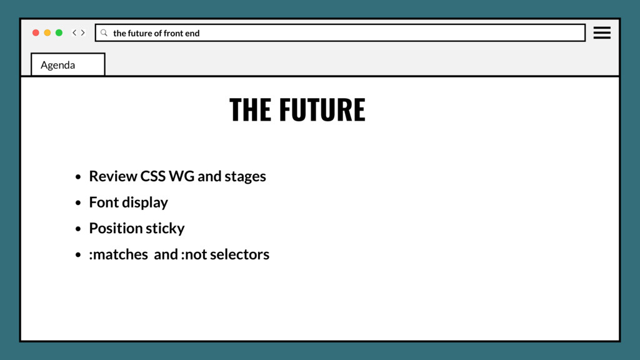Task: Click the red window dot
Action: (36, 32)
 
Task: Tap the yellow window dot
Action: (47, 32)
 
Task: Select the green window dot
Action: (59, 32)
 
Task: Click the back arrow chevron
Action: (74, 32)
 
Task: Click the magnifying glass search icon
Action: (104, 32)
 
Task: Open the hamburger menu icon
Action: (602, 32)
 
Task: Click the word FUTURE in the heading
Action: (322, 110)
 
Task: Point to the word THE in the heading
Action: (250, 110)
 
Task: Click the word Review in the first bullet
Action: (112, 176)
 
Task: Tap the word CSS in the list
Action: (152, 176)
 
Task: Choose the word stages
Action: (245, 177)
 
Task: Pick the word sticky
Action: (165, 229)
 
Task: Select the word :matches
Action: (118, 254)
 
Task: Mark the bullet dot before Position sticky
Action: (78, 229)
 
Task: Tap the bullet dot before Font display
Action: (78, 203)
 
